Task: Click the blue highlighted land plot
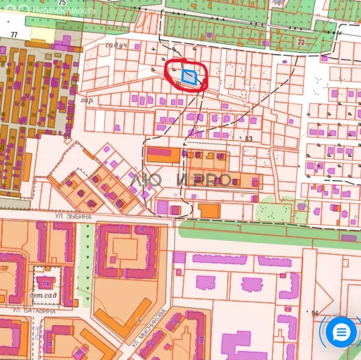pyautogui.click(x=189, y=77)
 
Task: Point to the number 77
pyautogui.click(x=14, y=35)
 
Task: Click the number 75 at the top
pyautogui.click(x=62, y=3)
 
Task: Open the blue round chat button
pyautogui.click(x=341, y=332)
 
